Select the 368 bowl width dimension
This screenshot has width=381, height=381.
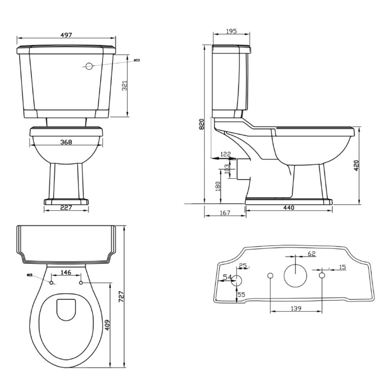(x=66, y=142)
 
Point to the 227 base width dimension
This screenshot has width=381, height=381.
(x=66, y=207)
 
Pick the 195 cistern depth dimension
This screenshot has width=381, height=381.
(x=231, y=31)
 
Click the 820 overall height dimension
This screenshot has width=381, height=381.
(x=202, y=124)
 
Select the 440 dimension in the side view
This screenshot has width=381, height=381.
(x=288, y=207)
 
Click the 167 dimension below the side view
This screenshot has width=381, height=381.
(x=225, y=213)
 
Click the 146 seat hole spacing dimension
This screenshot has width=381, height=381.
(x=66, y=273)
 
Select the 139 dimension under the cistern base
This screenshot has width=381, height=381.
(x=296, y=309)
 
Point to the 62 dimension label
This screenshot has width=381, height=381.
(x=312, y=254)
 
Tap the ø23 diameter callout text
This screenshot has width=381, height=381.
(x=136, y=60)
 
